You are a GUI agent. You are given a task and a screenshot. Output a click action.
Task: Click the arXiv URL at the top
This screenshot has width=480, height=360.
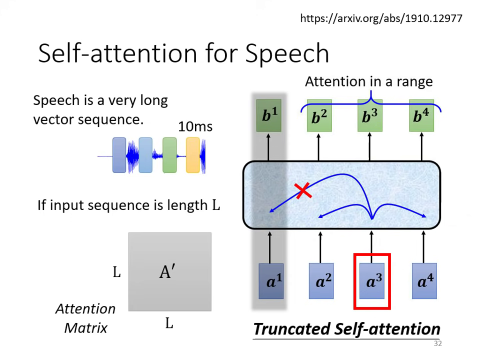coord(381,18)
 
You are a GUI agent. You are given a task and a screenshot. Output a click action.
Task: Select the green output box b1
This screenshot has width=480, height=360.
coord(269,115)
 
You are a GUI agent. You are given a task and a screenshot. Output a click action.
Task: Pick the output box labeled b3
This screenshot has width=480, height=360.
coord(370,116)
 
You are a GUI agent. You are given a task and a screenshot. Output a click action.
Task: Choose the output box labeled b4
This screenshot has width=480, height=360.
coord(421,116)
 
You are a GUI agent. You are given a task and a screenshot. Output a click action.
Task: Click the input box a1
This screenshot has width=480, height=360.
coord(271,281)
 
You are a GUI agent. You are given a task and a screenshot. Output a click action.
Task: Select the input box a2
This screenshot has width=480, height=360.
coord(321,281)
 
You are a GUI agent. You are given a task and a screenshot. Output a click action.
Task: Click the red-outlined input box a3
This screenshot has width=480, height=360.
coord(372,281)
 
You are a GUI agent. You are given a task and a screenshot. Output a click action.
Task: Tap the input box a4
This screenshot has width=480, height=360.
coord(424,281)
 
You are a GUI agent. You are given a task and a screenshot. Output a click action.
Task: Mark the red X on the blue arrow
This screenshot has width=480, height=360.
coord(302,190)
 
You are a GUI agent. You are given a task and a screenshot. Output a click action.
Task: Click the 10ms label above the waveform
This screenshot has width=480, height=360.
coord(195,126)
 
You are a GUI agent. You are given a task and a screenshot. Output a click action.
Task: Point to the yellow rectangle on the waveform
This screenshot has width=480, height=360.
coord(192,155)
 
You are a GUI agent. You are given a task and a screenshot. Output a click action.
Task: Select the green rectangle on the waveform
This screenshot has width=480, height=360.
coord(169,155)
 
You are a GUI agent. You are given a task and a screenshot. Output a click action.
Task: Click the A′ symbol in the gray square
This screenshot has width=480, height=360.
coord(167,272)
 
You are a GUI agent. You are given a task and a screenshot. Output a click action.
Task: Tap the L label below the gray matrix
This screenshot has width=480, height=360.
coord(169,324)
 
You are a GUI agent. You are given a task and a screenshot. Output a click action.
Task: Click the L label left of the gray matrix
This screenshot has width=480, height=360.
coord(116,272)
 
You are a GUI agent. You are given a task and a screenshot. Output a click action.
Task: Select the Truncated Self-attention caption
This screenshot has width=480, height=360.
coord(346,329)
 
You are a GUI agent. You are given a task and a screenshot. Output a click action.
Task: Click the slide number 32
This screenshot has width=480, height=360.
coord(437,343)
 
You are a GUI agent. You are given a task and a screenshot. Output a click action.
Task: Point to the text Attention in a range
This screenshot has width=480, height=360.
coord(369,81)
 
